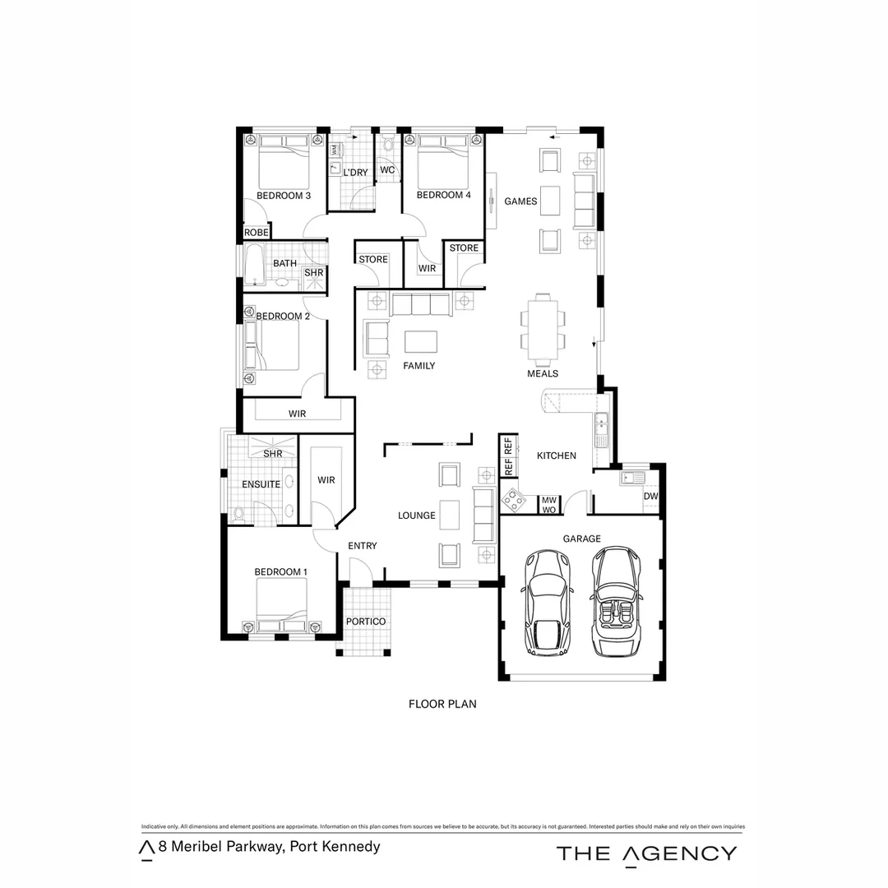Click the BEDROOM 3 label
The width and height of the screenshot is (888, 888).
click(x=283, y=196)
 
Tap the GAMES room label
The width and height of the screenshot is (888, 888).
click(x=520, y=201)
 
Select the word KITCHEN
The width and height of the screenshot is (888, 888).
click(x=557, y=456)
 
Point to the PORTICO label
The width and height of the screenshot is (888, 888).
click(x=365, y=622)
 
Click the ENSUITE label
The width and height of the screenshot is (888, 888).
click(x=261, y=484)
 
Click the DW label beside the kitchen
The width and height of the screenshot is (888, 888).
click(x=650, y=497)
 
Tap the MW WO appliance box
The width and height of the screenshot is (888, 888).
click(x=548, y=504)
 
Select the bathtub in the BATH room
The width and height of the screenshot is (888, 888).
click(x=254, y=264)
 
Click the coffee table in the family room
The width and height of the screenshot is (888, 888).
click(x=421, y=341)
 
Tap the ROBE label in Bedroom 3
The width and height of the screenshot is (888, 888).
click(x=257, y=233)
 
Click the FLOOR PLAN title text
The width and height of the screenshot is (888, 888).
click(x=442, y=704)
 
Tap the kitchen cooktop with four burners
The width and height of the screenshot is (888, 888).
click(x=514, y=497)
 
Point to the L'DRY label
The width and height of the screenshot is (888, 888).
click(x=355, y=173)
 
